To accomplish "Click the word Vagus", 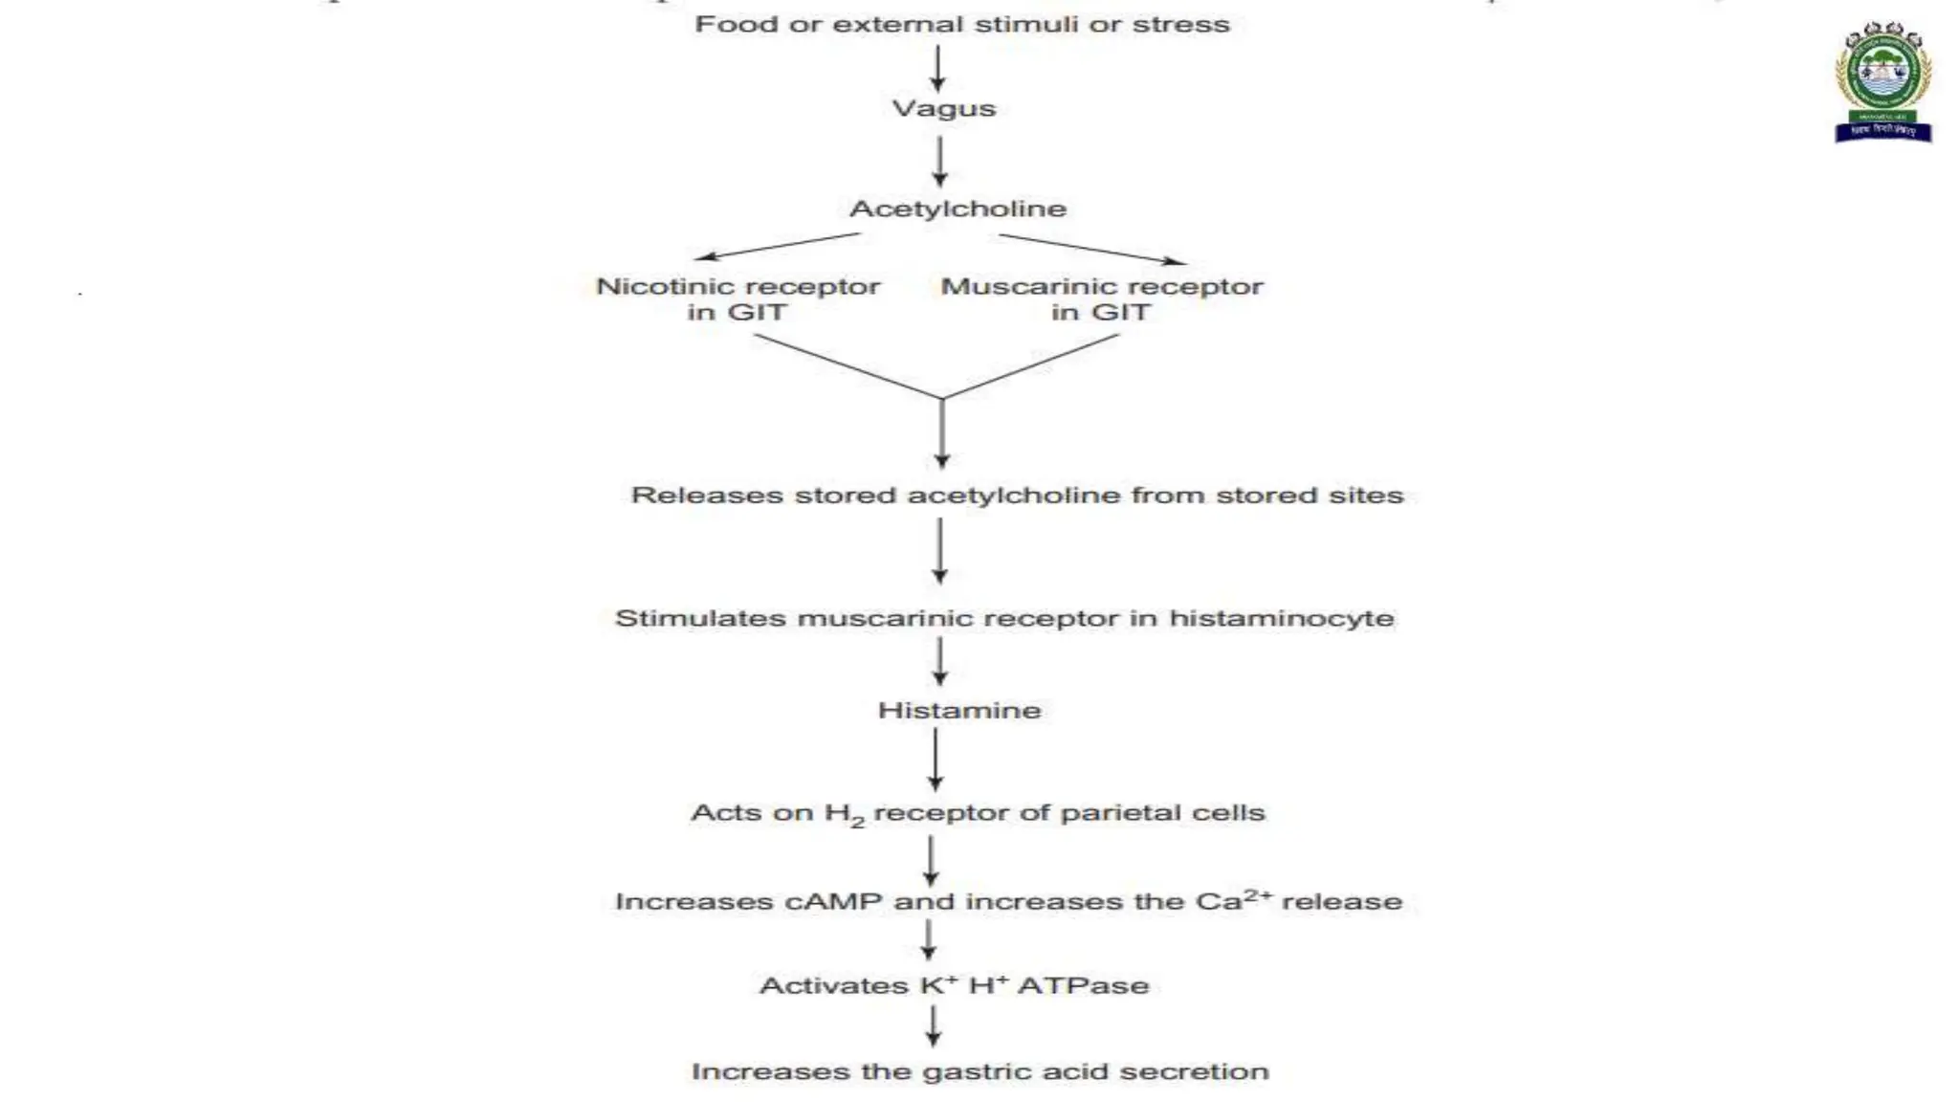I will [943, 108].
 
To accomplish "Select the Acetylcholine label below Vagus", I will [957, 209].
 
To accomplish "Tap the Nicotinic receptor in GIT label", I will [737, 298].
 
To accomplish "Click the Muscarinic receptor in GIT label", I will [1101, 298].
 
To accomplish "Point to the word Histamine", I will [959, 710].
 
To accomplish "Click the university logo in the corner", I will [1882, 84].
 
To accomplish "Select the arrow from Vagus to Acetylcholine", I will [939, 161].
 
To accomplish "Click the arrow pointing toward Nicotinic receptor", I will [777, 246].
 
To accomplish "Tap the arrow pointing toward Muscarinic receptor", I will [1092, 248].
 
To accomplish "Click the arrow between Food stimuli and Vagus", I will [937, 68].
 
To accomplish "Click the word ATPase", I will [1083, 985].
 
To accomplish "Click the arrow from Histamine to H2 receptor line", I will [935, 760].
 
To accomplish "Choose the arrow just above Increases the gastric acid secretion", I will [933, 1026].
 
